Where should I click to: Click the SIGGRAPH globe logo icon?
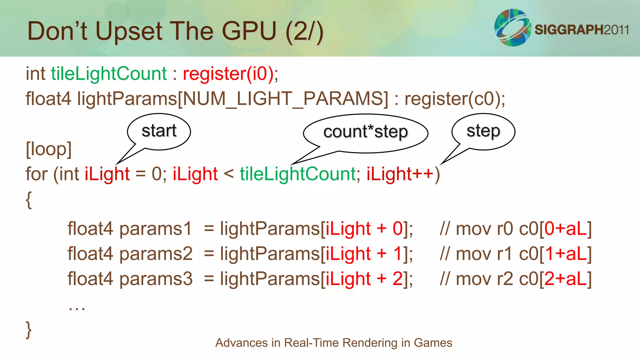tap(512, 27)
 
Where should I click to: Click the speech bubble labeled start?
tap(159, 131)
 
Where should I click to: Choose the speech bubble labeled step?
tap(483, 131)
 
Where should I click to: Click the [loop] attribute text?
tap(49, 149)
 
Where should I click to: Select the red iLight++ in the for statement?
tap(400, 174)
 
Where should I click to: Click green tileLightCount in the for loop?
tap(297, 174)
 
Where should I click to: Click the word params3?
tap(156, 279)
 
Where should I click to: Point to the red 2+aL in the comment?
tap(566, 279)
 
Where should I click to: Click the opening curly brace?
tap(29, 200)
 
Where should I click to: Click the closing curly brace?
tap(29, 329)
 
